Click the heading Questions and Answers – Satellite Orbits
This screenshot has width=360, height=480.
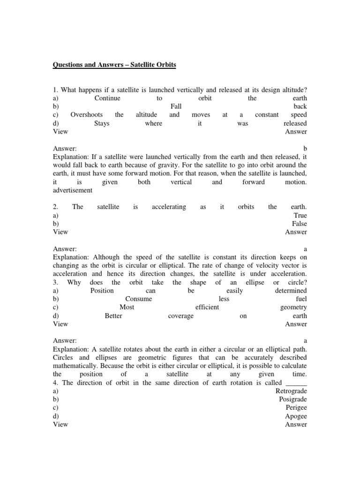[115, 65]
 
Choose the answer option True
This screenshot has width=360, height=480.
[300, 215]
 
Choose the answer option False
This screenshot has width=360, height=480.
[299, 224]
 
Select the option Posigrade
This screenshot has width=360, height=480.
[293, 399]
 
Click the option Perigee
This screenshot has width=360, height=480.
[296, 408]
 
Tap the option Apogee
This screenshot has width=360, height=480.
[296, 416]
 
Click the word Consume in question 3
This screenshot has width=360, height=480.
[139, 299]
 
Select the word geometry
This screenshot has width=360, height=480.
[293, 307]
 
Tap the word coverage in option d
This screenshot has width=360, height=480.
[180, 316]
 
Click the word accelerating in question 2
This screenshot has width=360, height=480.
[169, 207]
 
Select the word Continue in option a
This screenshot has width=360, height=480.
[107, 98]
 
